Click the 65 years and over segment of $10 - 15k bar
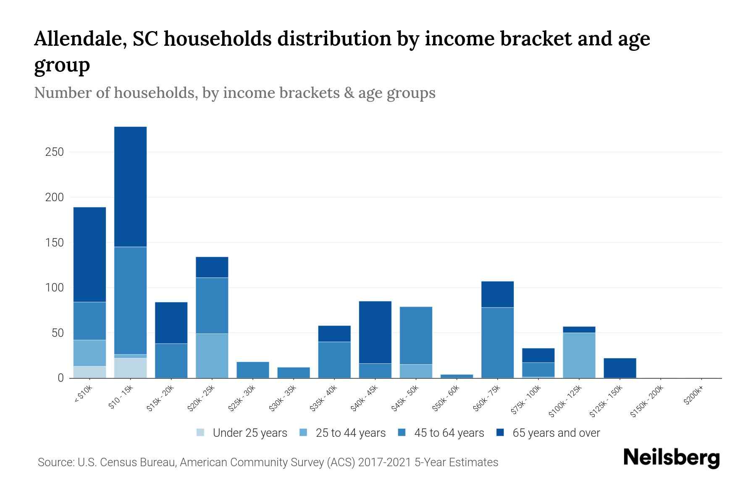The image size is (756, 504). pos(130,186)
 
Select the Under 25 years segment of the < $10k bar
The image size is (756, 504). pos(89,372)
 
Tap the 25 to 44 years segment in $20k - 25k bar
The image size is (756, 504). pos(212,356)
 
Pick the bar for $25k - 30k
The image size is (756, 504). pos(253,370)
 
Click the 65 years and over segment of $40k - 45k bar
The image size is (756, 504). pos(375,332)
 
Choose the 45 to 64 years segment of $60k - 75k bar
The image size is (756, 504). pos(497,343)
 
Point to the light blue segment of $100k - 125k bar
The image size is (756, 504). pos(579,355)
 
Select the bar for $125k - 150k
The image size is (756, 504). pos(619,368)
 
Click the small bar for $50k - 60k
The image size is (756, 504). pos(457,376)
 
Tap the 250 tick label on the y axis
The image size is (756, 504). pos(54,152)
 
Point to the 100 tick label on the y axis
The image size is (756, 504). pos(54,288)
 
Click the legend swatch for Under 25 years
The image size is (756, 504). pos(200,433)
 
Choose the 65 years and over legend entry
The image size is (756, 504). pos(556,433)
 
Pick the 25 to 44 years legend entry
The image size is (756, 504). pos(350,433)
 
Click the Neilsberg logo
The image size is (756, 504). pos(671,458)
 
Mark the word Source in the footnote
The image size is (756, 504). pos(54,462)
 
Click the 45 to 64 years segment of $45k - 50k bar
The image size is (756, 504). pos(416,335)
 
